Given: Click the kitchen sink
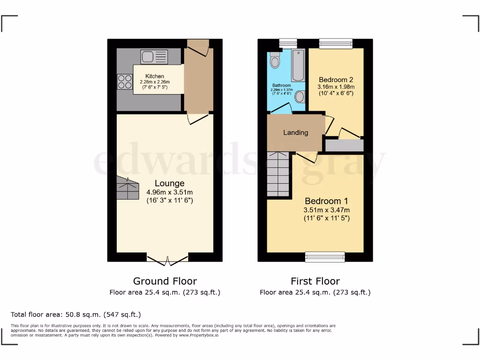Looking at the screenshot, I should [154, 57].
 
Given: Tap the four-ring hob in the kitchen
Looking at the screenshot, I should [125, 82].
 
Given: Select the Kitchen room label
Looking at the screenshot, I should [155, 76].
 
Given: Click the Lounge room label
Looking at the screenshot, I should [169, 183].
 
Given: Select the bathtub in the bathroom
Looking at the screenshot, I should [299, 65].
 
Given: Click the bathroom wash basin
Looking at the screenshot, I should [300, 97].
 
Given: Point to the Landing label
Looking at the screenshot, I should [295, 133].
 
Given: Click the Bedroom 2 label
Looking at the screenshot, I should [336, 80].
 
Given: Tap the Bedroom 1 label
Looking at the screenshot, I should [327, 201].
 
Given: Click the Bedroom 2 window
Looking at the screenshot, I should [336, 44].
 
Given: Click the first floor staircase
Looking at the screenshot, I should [278, 174].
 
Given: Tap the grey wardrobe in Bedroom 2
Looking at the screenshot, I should [344, 145].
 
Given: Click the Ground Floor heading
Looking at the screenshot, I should [165, 281].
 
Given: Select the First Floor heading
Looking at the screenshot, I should [315, 281].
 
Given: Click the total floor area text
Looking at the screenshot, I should [75, 315].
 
